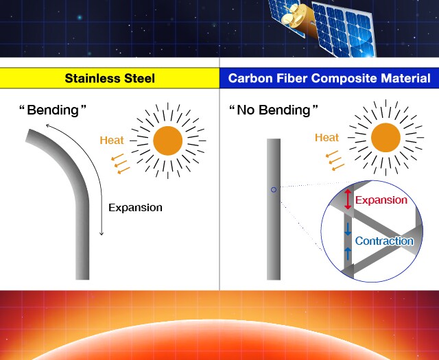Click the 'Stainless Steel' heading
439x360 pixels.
click(110, 78)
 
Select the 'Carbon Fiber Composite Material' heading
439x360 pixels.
click(329, 78)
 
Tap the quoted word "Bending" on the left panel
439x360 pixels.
click(53, 110)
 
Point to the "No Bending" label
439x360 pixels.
click(274, 110)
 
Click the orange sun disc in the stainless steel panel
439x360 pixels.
click(167, 141)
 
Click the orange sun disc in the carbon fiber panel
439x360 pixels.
click(385, 137)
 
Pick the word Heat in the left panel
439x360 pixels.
click(112, 141)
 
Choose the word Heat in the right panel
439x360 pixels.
click(327, 137)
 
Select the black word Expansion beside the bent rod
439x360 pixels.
click(135, 208)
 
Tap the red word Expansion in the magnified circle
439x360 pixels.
click(381, 200)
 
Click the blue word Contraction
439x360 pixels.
click(384, 241)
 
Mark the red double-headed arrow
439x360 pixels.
click(348, 200)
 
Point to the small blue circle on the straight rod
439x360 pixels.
click(274, 190)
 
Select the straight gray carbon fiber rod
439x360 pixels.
click(274, 209)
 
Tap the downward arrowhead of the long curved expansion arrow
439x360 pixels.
click(102, 233)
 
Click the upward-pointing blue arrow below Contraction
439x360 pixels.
click(348, 254)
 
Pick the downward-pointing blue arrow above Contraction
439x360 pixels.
click(348, 229)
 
